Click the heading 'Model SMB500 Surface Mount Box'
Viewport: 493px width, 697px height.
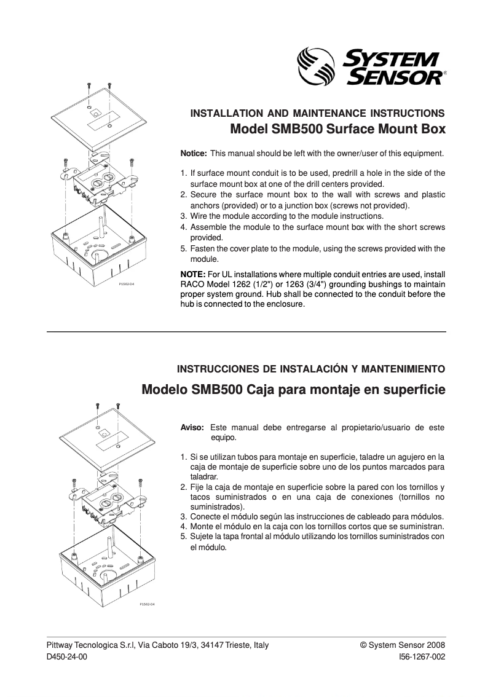(337, 130)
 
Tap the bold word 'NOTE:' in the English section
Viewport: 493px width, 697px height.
(193, 274)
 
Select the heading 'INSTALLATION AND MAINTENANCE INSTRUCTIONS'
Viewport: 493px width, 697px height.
(318, 114)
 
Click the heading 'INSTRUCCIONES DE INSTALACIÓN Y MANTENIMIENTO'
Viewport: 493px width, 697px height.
(311, 370)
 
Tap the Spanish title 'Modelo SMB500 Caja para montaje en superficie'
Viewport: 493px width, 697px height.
(293, 390)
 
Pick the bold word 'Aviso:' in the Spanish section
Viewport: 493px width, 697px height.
(192, 427)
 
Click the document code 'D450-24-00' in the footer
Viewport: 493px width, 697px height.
(67, 656)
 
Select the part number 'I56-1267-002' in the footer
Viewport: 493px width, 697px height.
(422, 656)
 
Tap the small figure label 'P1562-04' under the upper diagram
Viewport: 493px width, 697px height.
(126, 285)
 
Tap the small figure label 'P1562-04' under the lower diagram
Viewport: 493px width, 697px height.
(147, 604)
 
